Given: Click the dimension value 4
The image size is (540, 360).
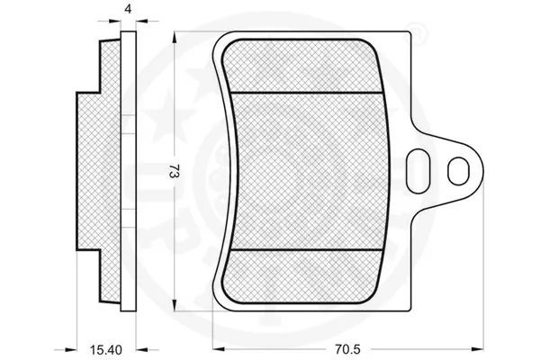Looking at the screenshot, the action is point(128,9).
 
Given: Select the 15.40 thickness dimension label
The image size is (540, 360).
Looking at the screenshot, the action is point(106,350).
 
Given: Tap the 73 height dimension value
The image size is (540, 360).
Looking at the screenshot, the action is point(175,171).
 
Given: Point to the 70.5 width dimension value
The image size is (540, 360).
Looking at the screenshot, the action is point(346,349).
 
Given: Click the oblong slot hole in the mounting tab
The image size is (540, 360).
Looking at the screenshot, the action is point(418,171).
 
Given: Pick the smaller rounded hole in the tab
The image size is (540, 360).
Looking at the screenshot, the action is point(458,171).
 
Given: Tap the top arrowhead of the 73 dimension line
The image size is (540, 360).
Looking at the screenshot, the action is point(175,38).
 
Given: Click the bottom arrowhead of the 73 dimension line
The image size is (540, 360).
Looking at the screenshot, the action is point(175,306).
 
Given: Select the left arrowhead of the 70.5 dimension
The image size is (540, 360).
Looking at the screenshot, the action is point(219,349).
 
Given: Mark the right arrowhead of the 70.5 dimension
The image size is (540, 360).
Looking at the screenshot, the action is point(477,349).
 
